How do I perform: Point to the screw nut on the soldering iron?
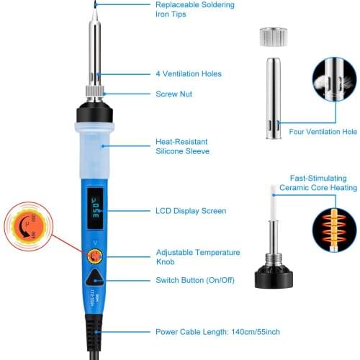(x=96, y=93)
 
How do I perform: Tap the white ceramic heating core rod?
(x=274, y=208)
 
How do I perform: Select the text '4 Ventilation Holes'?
(x=189, y=74)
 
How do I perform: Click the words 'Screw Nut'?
(x=174, y=94)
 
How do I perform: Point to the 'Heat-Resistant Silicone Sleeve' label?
(x=183, y=147)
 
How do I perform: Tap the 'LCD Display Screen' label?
(x=191, y=211)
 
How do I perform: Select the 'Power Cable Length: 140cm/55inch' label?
(x=217, y=333)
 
